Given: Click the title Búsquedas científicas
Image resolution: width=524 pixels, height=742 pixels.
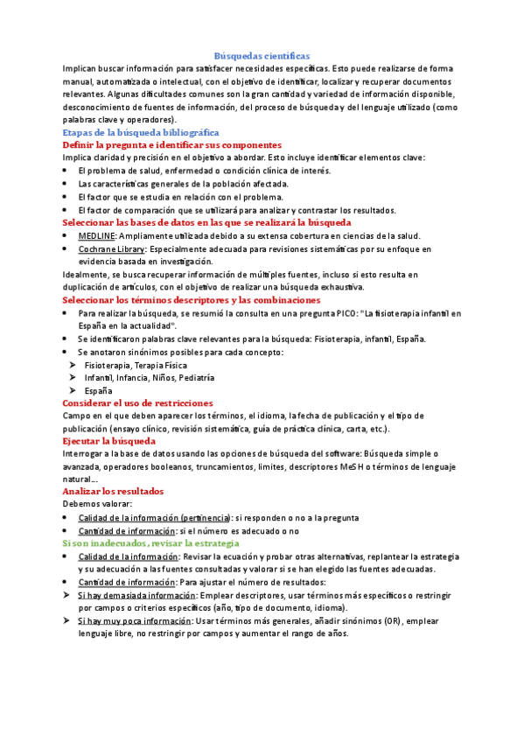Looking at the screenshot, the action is pos(262,54).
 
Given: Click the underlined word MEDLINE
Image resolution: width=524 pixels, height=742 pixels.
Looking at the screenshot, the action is pos(96,236).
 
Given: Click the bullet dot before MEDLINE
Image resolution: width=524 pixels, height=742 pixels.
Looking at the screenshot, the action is pos(66,236).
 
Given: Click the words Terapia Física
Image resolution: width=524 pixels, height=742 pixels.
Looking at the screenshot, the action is pos(158,365).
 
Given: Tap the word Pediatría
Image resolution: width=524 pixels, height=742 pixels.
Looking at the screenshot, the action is pos(196,378).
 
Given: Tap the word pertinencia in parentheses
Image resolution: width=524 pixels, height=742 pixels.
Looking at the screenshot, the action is pos(209,518).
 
